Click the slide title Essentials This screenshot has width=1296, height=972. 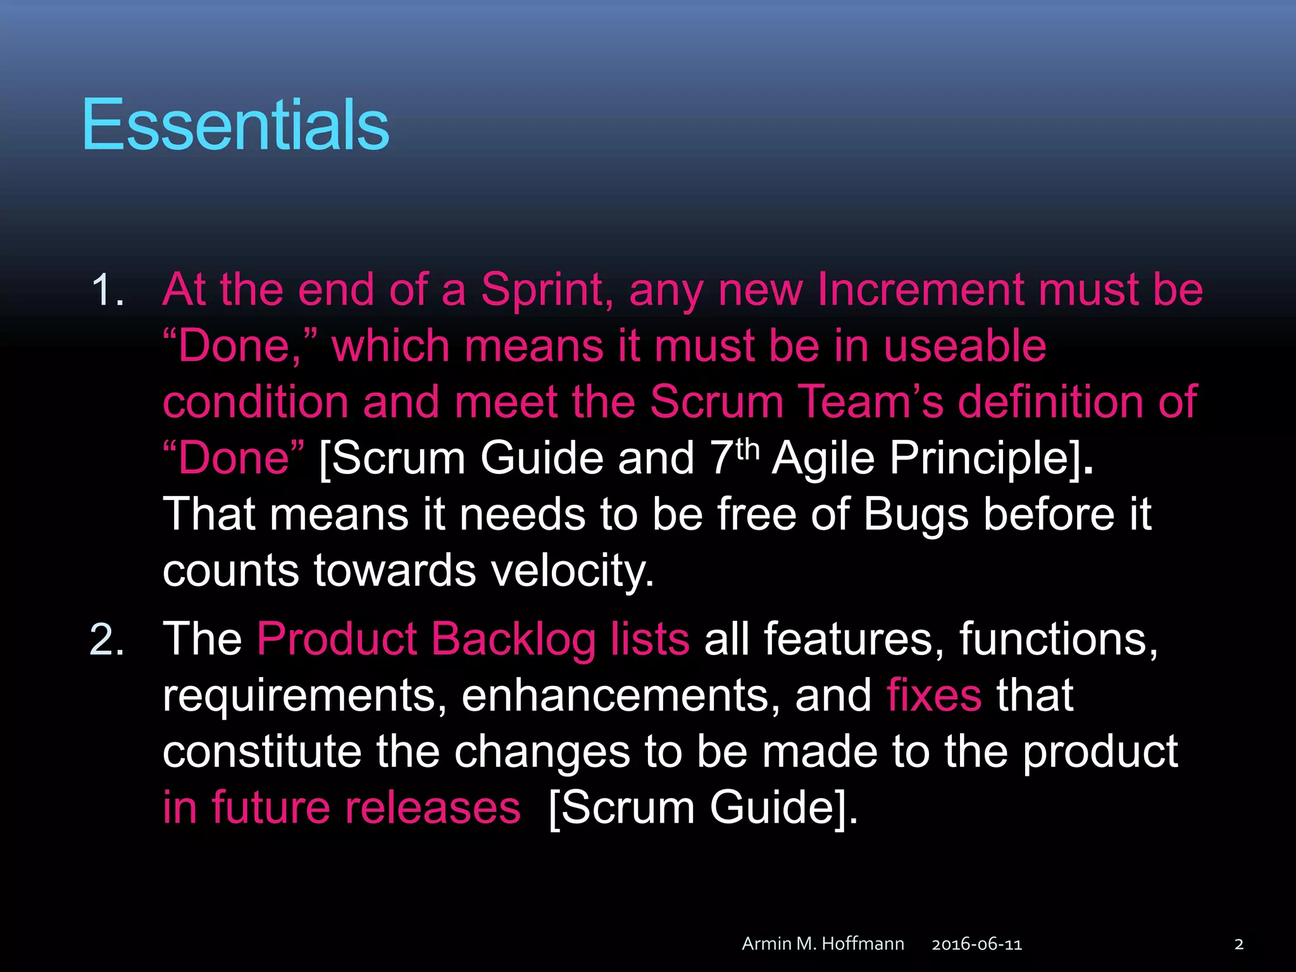235,125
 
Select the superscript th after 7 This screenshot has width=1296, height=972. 747,449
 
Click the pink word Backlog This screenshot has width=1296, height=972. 513,639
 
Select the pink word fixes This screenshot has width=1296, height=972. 934,695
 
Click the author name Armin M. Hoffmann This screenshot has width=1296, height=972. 823,944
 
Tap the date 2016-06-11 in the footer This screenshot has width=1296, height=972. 976,944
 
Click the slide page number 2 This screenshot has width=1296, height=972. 1238,944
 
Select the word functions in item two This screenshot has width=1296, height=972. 1058,639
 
